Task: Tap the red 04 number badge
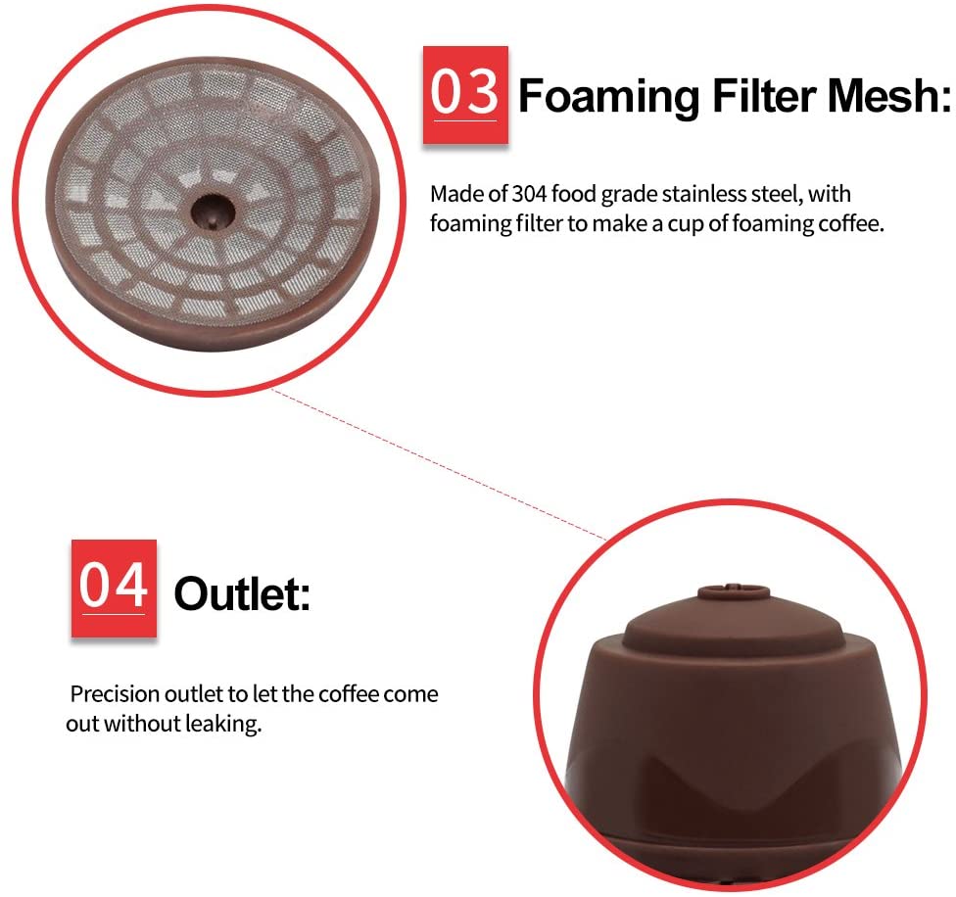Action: click(113, 589)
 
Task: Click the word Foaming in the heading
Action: click(607, 97)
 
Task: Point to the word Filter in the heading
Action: click(751, 97)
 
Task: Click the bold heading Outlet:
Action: click(241, 593)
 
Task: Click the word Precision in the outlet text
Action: click(113, 695)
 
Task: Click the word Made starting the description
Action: click(453, 195)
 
